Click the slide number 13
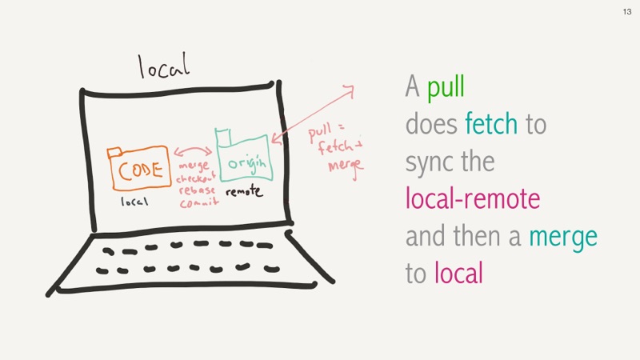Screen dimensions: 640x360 click(627, 12)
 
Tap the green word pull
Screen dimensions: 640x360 click(446, 86)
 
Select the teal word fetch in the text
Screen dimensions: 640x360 click(491, 123)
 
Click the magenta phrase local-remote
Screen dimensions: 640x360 click(473, 198)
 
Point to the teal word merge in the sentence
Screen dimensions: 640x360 click(563, 237)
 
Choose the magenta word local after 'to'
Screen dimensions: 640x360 click(458, 273)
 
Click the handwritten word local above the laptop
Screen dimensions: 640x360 click(164, 66)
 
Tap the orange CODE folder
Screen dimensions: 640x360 click(138, 168)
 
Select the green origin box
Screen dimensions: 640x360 click(244, 155)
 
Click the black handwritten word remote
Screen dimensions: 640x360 click(244, 191)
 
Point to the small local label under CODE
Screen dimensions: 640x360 click(134, 202)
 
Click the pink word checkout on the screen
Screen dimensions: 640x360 click(195, 178)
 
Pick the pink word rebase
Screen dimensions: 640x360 click(197, 190)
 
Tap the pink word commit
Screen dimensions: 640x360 click(199, 202)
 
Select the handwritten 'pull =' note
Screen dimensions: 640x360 click(326, 131)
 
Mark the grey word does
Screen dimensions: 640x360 click(431, 123)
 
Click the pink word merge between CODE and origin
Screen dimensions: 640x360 click(194, 166)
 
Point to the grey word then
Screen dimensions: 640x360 click(476, 235)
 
